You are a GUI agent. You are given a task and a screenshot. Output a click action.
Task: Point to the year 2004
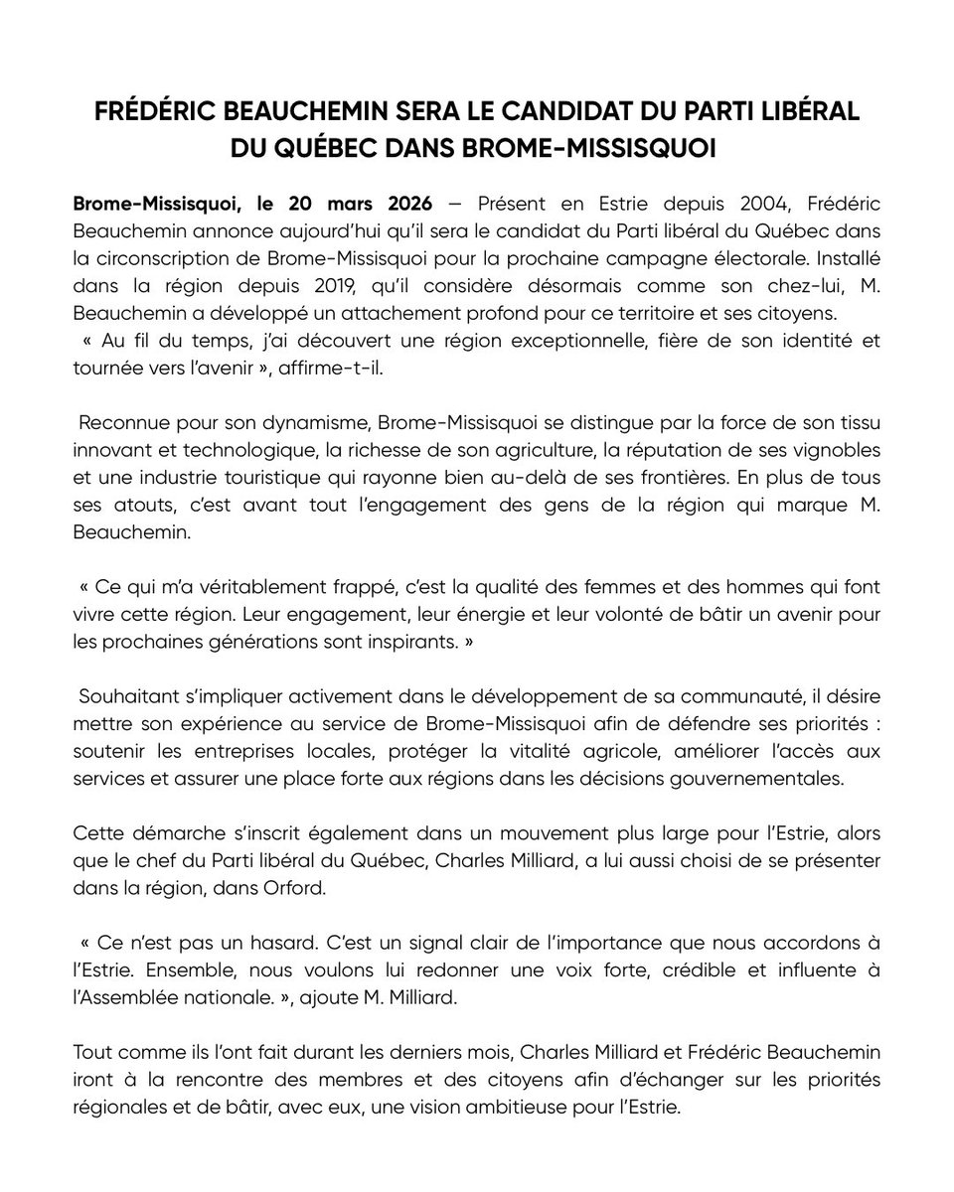[x=738, y=204]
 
